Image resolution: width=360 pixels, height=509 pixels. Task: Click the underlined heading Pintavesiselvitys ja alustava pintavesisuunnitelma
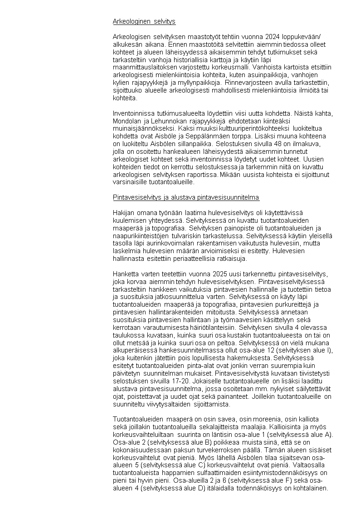[186, 197]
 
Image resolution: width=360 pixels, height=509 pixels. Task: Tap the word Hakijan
[122, 212]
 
